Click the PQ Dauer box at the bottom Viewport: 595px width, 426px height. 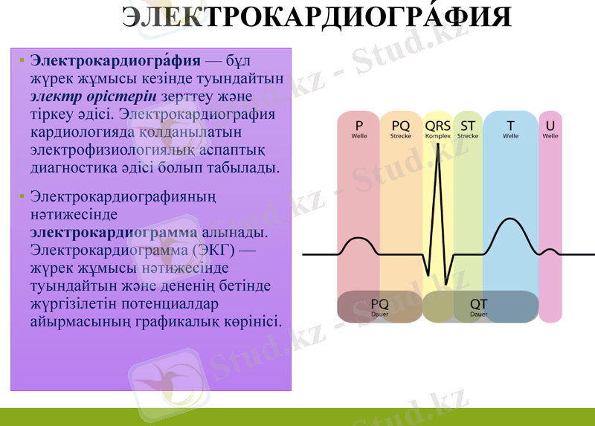coord(379,307)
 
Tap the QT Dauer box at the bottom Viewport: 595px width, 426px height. coord(479,307)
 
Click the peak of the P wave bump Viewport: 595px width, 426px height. coord(358,238)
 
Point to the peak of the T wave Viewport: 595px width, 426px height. coord(509,219)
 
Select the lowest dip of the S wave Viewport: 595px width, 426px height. coord(446,283)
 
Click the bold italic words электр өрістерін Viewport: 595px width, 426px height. coord(92,97)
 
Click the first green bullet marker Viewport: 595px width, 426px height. coord(22,60)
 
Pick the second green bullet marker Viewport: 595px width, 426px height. coord(22,197)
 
